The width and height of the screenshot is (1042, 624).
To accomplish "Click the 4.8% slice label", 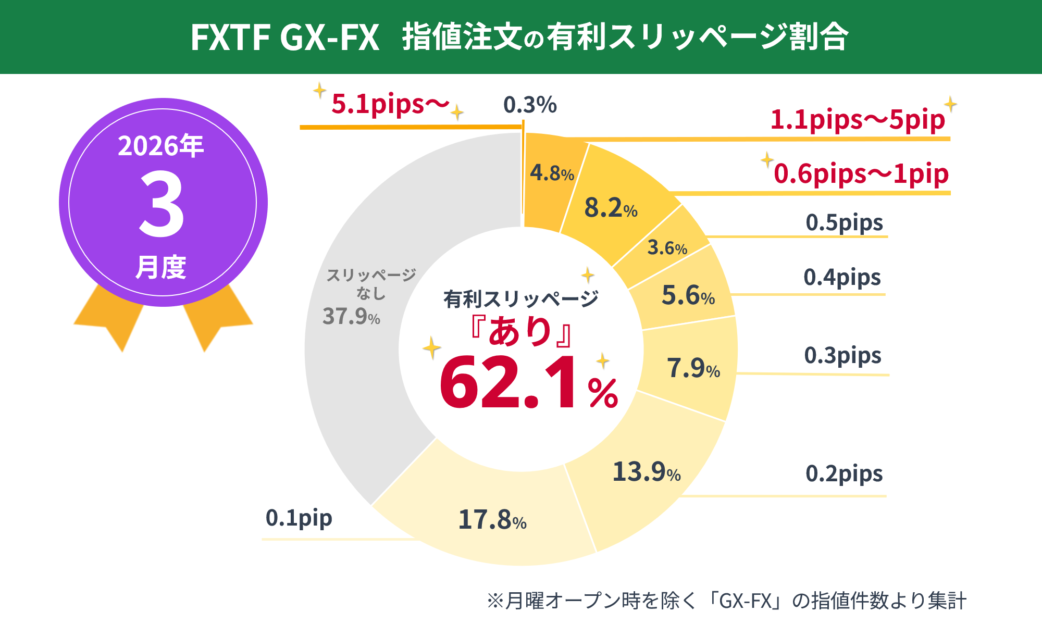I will tap(552, 173).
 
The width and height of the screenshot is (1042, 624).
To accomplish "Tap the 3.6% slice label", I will tap(667, 247).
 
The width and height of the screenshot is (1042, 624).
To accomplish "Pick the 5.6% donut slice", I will tap(687, 296).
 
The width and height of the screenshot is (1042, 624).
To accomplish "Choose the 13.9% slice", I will tap(646, 472).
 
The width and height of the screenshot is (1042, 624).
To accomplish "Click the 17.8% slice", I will tap(492, 519).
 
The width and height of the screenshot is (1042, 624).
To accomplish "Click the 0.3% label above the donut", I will tap(530, 105).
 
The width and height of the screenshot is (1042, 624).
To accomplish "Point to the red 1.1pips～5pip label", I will tap(857, 120).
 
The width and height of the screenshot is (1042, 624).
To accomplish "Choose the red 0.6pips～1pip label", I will tap(861, 174).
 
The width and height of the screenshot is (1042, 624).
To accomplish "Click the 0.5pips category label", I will tap(844, 223).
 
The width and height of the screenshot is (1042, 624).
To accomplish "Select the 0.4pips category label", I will tap(842, 278).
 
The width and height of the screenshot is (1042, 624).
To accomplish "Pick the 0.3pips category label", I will tap(842, 356).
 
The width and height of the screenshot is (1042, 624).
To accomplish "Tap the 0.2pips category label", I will tap(844, 474).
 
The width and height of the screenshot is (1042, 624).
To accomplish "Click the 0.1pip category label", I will tap(299, 518).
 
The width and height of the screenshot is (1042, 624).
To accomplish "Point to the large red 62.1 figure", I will tap(508, 383).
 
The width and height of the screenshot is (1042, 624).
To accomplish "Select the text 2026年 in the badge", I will tap(160, 146).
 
